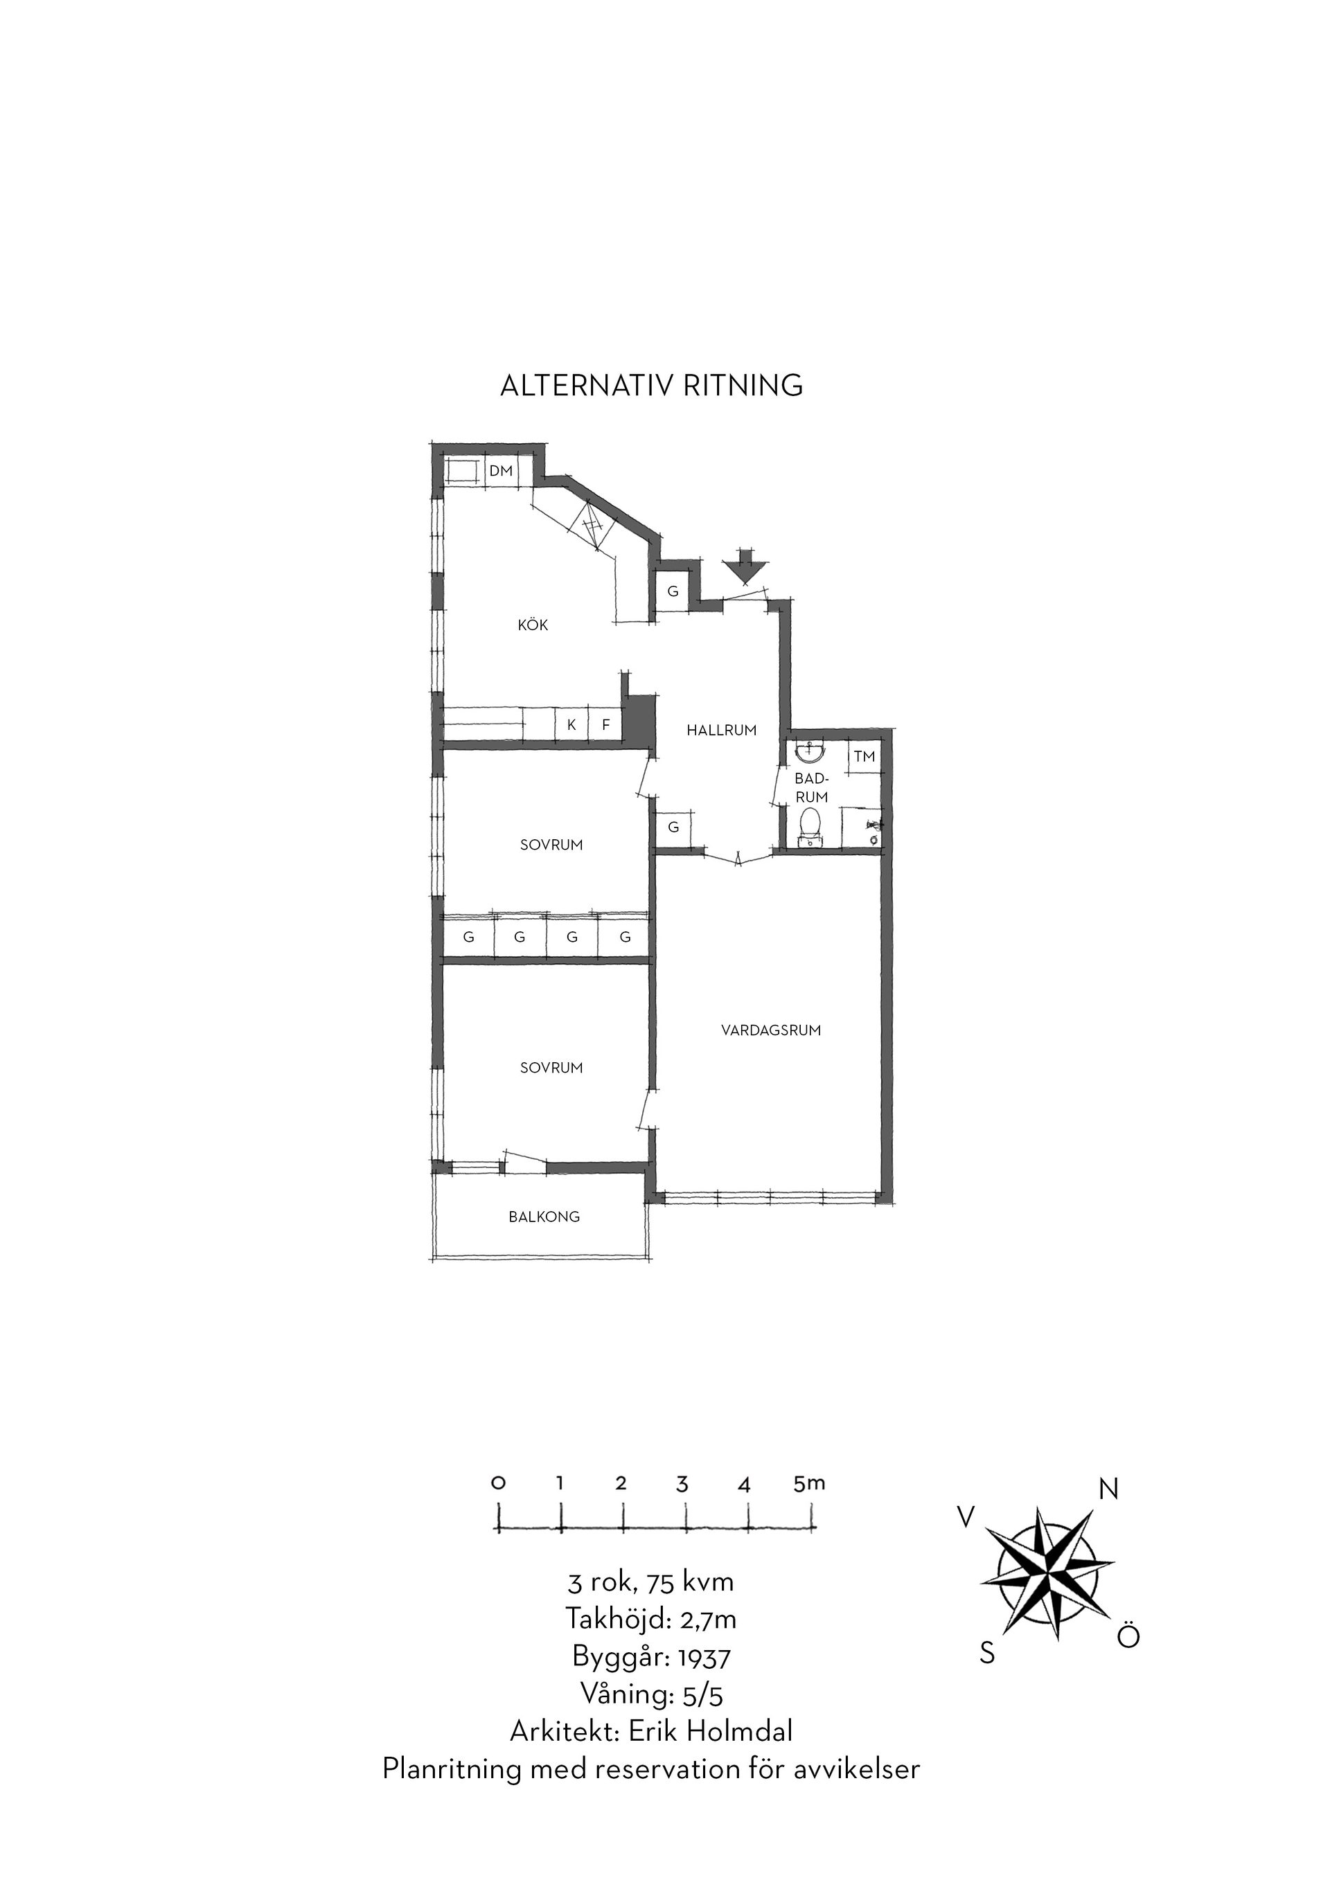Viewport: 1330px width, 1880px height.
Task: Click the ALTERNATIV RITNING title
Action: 651,386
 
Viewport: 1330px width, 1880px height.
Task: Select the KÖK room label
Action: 533,625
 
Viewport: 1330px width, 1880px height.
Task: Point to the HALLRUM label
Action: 722,730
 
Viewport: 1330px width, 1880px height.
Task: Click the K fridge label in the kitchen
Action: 571,725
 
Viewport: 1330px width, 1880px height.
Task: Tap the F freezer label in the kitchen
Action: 606,725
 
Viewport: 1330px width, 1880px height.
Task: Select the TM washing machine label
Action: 864,757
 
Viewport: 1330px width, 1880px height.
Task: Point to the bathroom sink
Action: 810,751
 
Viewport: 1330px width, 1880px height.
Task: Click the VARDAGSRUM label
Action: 771,1031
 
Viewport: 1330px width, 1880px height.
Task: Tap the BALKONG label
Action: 544,1217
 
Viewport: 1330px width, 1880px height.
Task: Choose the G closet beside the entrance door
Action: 673,591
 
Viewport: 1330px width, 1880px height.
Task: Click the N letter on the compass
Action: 1108,1489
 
